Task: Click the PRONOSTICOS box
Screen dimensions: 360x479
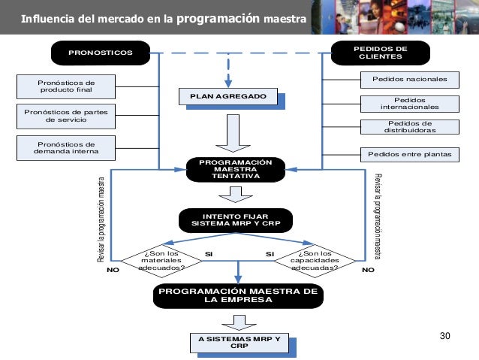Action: click(x=100, y=53)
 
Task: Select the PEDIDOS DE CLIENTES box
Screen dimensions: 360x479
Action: click(x=381, y=53)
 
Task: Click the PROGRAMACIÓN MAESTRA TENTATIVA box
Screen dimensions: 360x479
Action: click(x=235, y=171)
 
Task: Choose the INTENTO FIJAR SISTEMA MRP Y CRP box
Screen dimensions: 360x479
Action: click(x=235, y=220)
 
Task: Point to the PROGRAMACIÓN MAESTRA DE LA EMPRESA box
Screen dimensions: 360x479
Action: click(x=239, y=295)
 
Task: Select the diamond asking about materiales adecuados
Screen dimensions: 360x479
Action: click(x=163, y=260)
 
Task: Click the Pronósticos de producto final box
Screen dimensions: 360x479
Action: click(x=66, y=86)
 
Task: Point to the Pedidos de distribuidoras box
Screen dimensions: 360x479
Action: click(x=410, y=128)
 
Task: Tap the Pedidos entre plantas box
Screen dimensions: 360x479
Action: click(x=410, y=155)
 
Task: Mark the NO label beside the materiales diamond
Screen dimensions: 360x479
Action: click(x=113, y=268)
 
